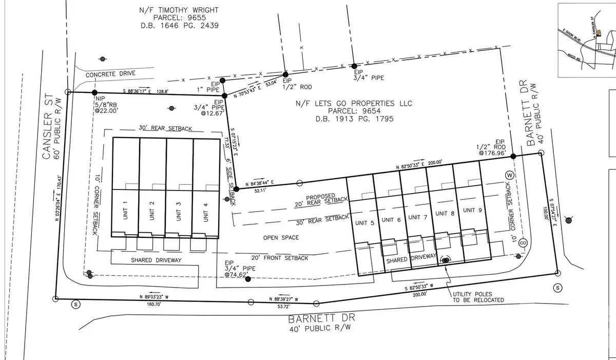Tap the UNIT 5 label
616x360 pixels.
click(363, 223)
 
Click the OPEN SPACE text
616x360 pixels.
click(281, 238)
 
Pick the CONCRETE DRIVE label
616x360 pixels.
click(110, 74)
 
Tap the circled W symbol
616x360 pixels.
click(509, 174)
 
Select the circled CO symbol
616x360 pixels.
click(523, 242)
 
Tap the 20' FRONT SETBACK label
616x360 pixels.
click(279, 258)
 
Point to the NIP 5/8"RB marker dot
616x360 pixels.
click(94, 93)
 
